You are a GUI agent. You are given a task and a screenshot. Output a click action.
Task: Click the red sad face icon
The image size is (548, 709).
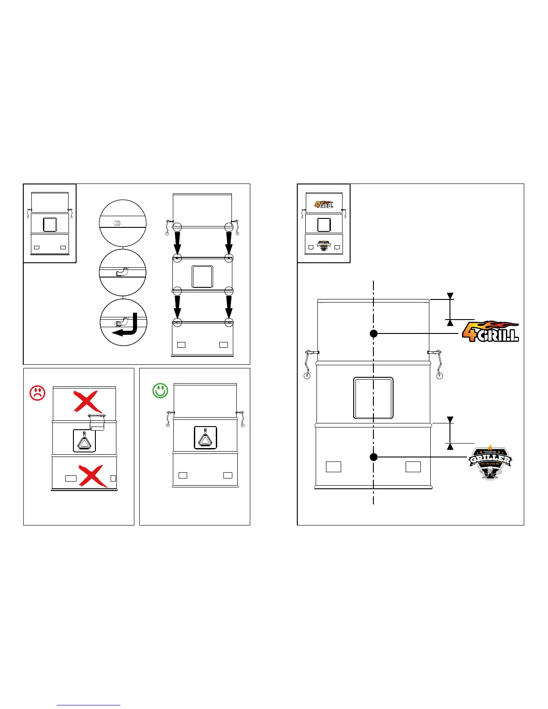[38, 393]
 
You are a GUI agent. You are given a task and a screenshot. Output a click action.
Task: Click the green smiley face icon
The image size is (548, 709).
[160, 390]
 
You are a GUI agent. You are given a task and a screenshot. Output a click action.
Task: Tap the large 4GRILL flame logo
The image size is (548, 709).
[490, 332]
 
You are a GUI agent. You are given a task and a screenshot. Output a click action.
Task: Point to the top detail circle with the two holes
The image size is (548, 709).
[123, 223]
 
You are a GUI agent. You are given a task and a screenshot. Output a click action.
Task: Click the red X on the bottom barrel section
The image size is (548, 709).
[93, 476]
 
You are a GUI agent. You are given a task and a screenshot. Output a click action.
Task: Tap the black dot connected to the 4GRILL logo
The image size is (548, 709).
[373, 333]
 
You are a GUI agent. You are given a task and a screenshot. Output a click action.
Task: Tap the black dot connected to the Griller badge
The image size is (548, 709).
[373, 457]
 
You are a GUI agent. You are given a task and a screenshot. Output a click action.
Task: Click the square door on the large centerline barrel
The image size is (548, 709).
[373, 398]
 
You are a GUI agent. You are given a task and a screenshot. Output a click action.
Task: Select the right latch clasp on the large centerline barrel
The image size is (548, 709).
[437, 363]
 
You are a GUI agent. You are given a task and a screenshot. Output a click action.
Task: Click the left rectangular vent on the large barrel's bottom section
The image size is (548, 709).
[334, 467]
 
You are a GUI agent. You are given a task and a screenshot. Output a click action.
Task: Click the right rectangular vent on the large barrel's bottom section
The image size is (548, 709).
[413, 467]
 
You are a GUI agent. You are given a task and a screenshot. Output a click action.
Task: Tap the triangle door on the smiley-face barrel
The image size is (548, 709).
[205, 437]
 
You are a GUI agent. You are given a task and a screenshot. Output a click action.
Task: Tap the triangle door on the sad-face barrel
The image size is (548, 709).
[84, 440]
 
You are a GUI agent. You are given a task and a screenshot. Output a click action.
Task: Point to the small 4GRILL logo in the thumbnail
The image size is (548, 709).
[324, 205]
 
